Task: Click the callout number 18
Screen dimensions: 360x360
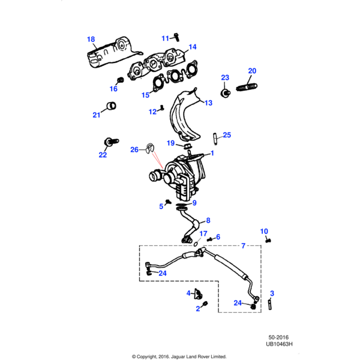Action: tap(91, 40)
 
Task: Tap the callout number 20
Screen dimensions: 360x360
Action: tap(252, 71)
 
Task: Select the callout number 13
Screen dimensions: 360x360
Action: tap(208, 103)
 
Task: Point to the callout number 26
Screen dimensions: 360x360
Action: tap(134, 149)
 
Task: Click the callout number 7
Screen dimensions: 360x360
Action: tap(243, 246)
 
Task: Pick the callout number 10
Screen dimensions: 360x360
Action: tap(264, 231)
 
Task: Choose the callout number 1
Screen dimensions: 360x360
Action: tap(212, 154)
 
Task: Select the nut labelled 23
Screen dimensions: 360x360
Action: tap(225, 93)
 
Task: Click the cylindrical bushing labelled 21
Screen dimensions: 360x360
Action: tap(110, 106)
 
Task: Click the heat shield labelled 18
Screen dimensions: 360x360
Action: tap(111, 53)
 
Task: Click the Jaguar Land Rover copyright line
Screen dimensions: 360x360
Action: tap(180, 355)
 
